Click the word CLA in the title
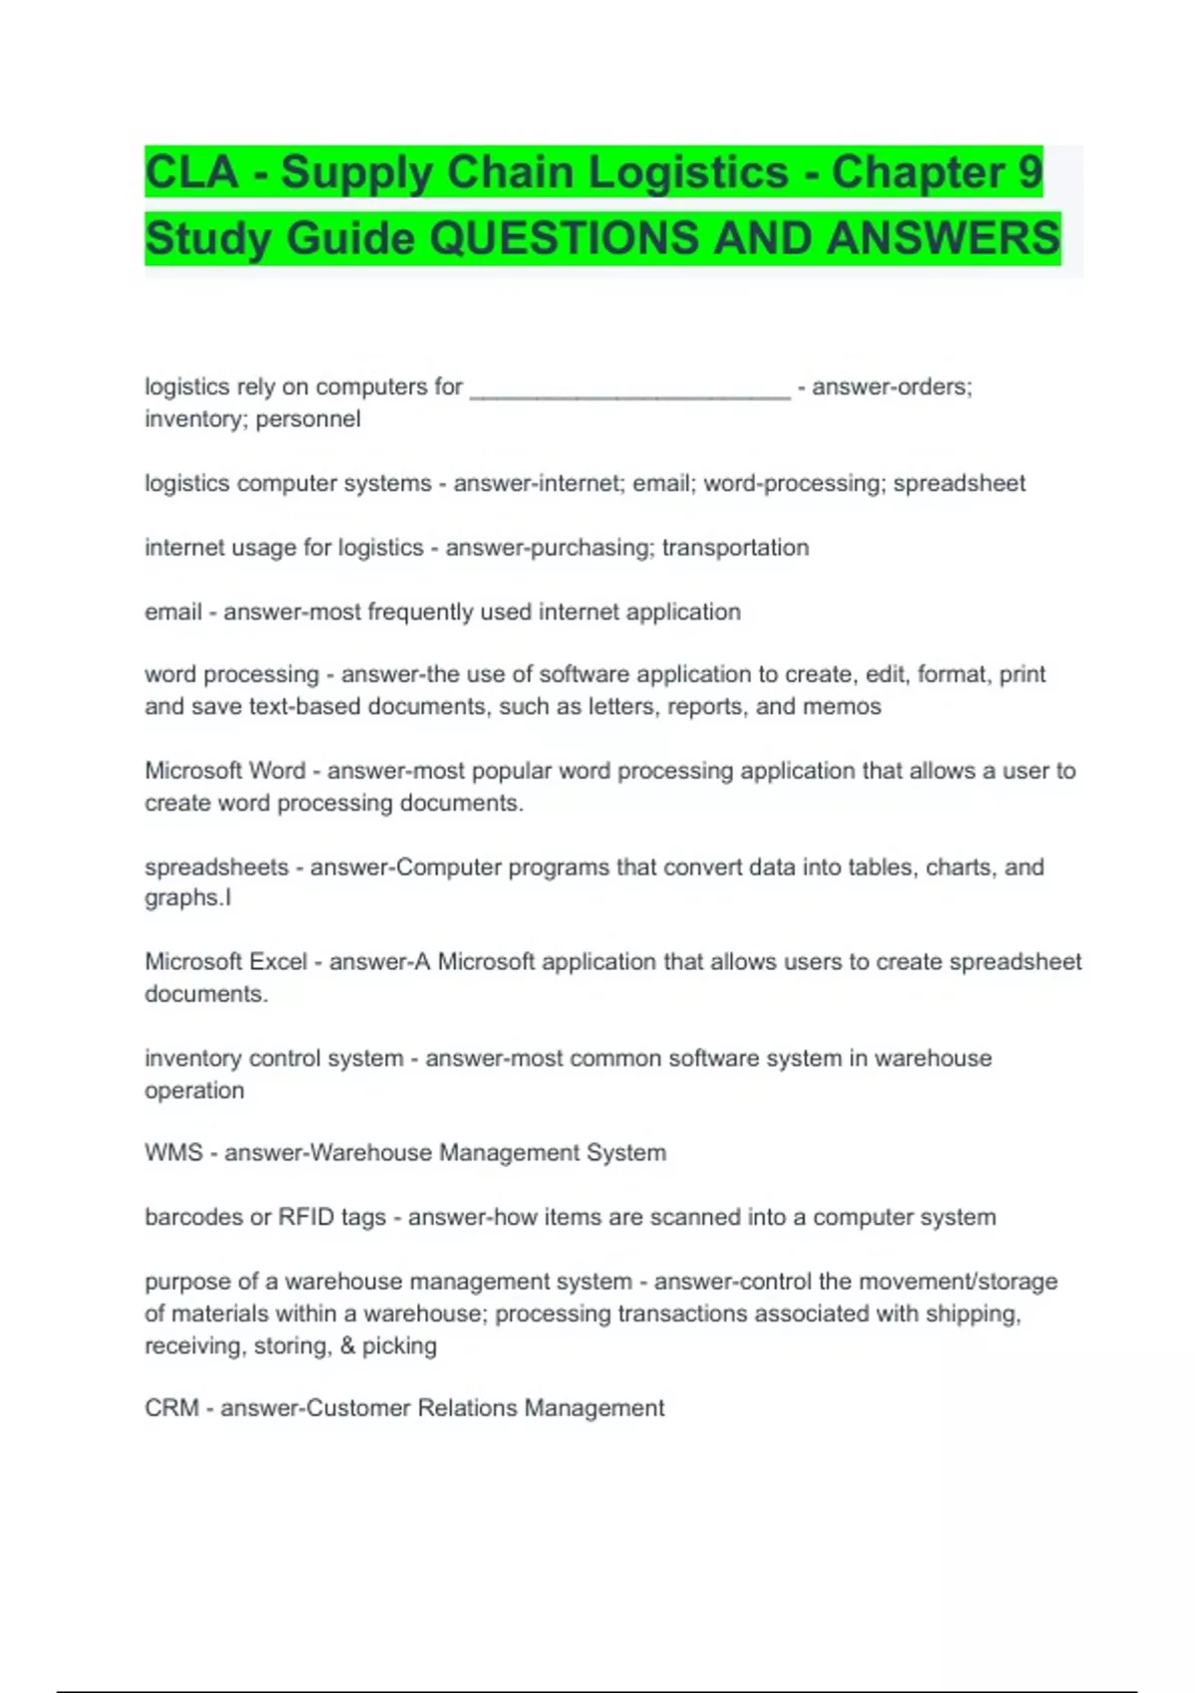192,172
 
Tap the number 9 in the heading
1030,172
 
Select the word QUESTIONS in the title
564,239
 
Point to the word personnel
308,419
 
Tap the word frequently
419,611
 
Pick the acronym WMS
173,1153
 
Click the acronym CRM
171,1408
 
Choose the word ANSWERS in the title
943,239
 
